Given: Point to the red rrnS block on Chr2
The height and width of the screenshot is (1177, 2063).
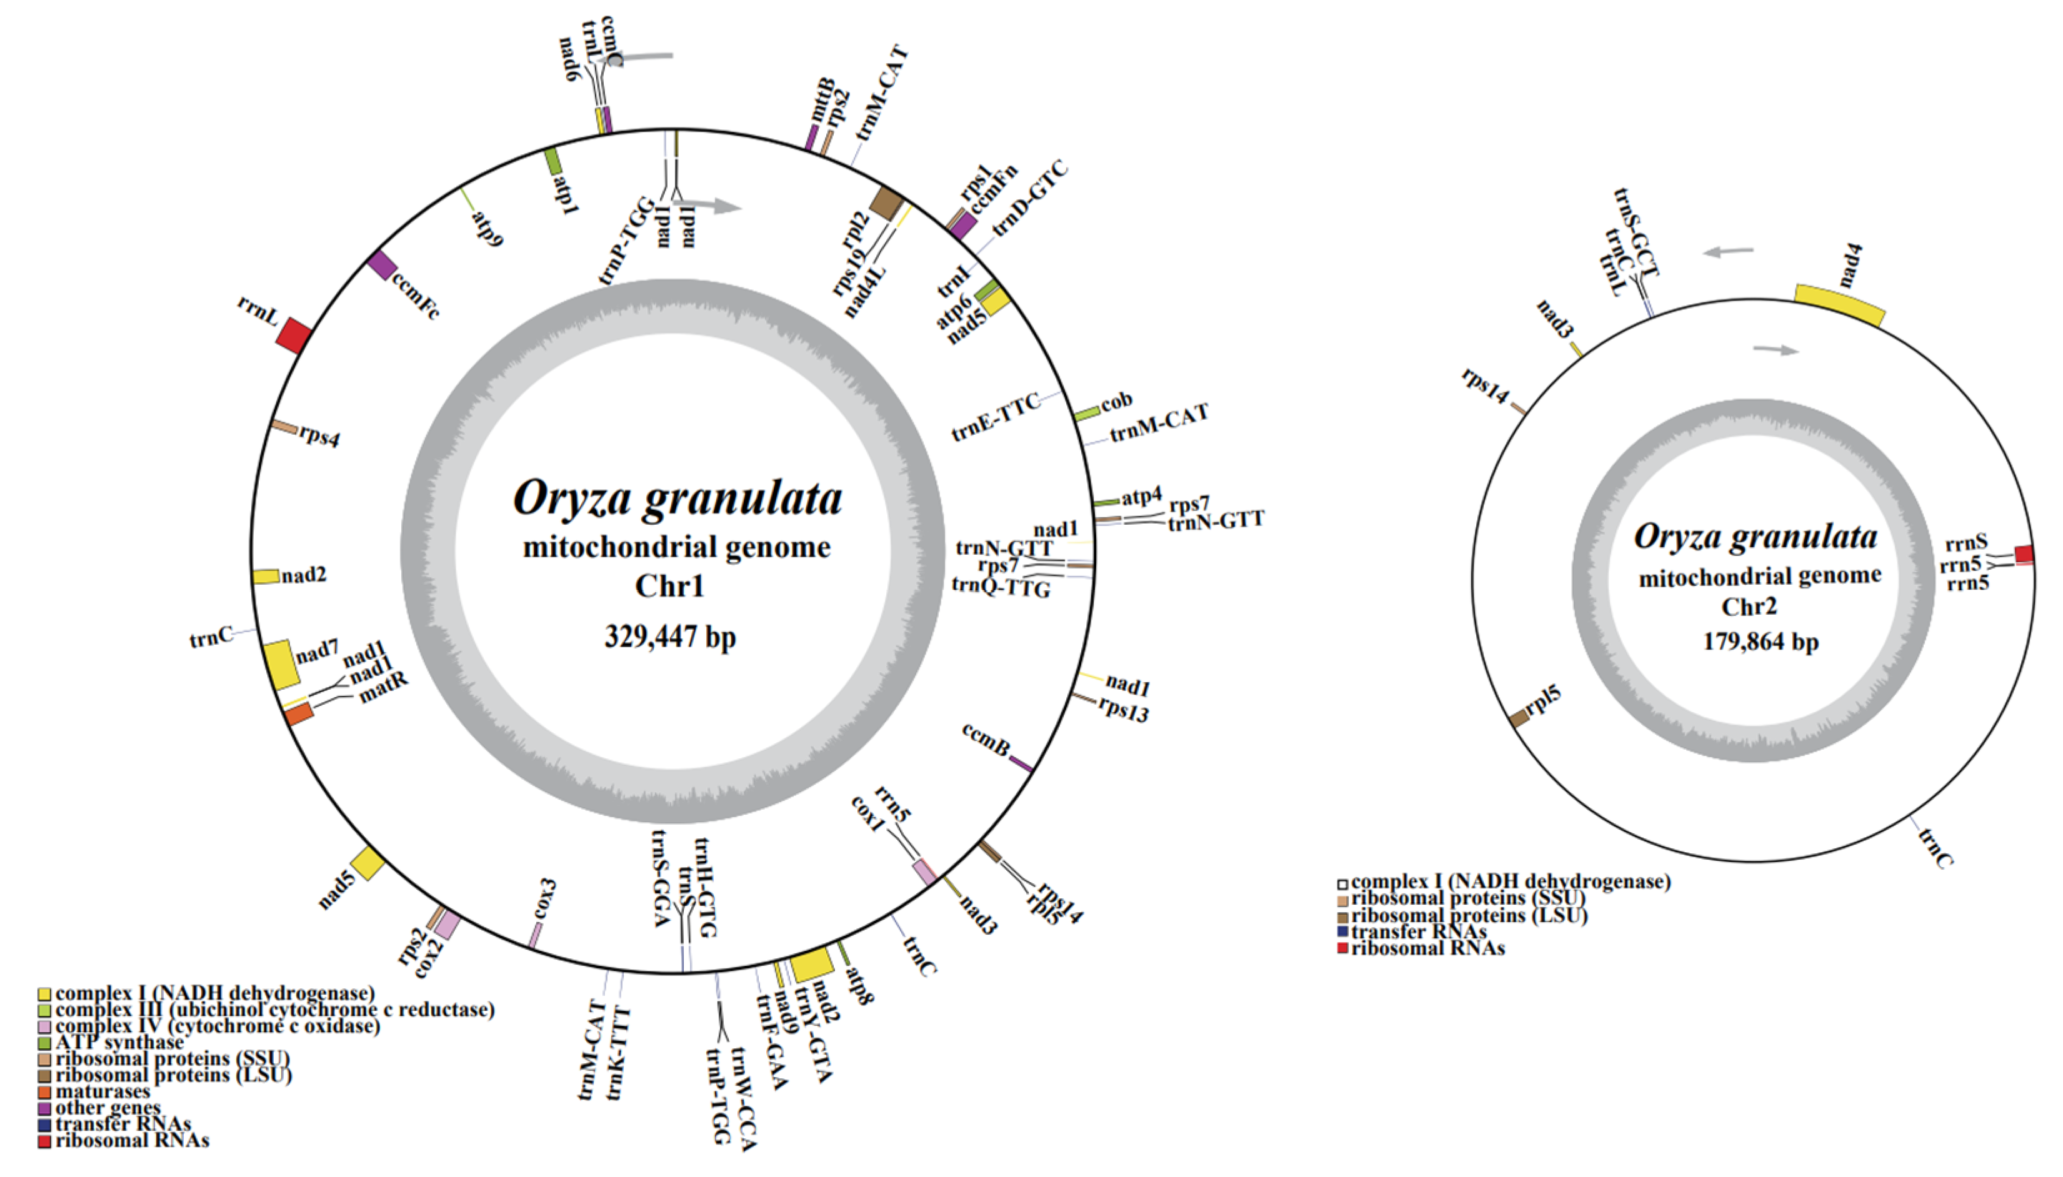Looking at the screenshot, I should [x=2024, y=555].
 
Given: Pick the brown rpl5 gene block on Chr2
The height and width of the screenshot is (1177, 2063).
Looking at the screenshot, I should [x=1519, y=717].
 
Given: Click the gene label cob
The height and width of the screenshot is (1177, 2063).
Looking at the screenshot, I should [x=1116, y=401].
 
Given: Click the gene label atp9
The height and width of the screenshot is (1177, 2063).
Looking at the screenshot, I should [x=487, y=229].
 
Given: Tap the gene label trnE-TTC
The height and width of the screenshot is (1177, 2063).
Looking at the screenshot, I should [x=996, y=419].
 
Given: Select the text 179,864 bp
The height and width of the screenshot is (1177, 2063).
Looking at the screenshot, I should [x=1761, y=642].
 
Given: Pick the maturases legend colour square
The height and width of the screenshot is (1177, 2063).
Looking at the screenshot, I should [x=44, y=1091].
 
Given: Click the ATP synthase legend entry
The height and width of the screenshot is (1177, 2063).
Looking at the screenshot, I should [x=119, y=1043].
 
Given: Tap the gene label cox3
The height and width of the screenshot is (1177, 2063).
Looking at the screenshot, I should [x=544, y=899].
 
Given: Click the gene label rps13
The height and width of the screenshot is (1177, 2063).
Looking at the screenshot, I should [x=1123, y=709].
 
